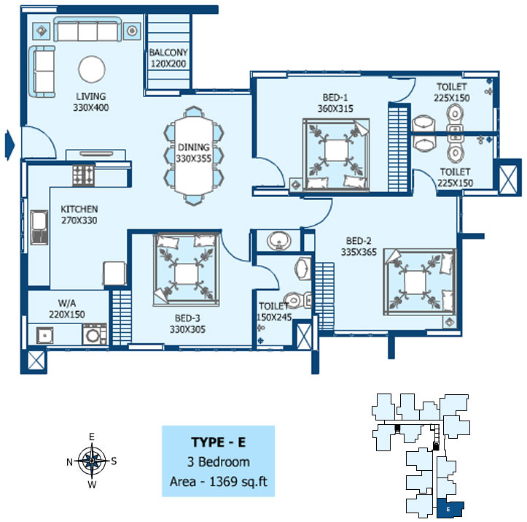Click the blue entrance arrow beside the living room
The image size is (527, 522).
coord(9,145)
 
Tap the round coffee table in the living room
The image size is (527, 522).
coord(92,69)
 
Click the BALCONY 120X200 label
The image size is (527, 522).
coord(168,58)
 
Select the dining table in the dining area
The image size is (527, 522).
coord(194,155)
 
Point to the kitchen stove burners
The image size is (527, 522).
coord(83,175)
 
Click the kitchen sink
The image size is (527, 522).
coord(39,227)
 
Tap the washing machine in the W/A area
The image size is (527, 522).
coord(95,334)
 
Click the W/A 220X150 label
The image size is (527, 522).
coord(67,309)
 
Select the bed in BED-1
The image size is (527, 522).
coord(335,155)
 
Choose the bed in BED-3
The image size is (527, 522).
coord(186,270)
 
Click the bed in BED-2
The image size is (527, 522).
coord(420,282)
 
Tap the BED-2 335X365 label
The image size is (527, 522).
coord(359,246)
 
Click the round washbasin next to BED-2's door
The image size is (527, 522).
coord(279,241)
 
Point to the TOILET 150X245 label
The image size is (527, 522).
coord(274,311)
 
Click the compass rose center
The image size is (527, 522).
coord(92,460)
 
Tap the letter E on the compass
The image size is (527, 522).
coord(92,437)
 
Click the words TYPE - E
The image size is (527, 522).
coord(219,442)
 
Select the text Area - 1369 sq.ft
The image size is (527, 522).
coord(219,482)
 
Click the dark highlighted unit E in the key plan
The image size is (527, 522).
coord(450,508)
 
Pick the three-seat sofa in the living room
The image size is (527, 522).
coord(87,29)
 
